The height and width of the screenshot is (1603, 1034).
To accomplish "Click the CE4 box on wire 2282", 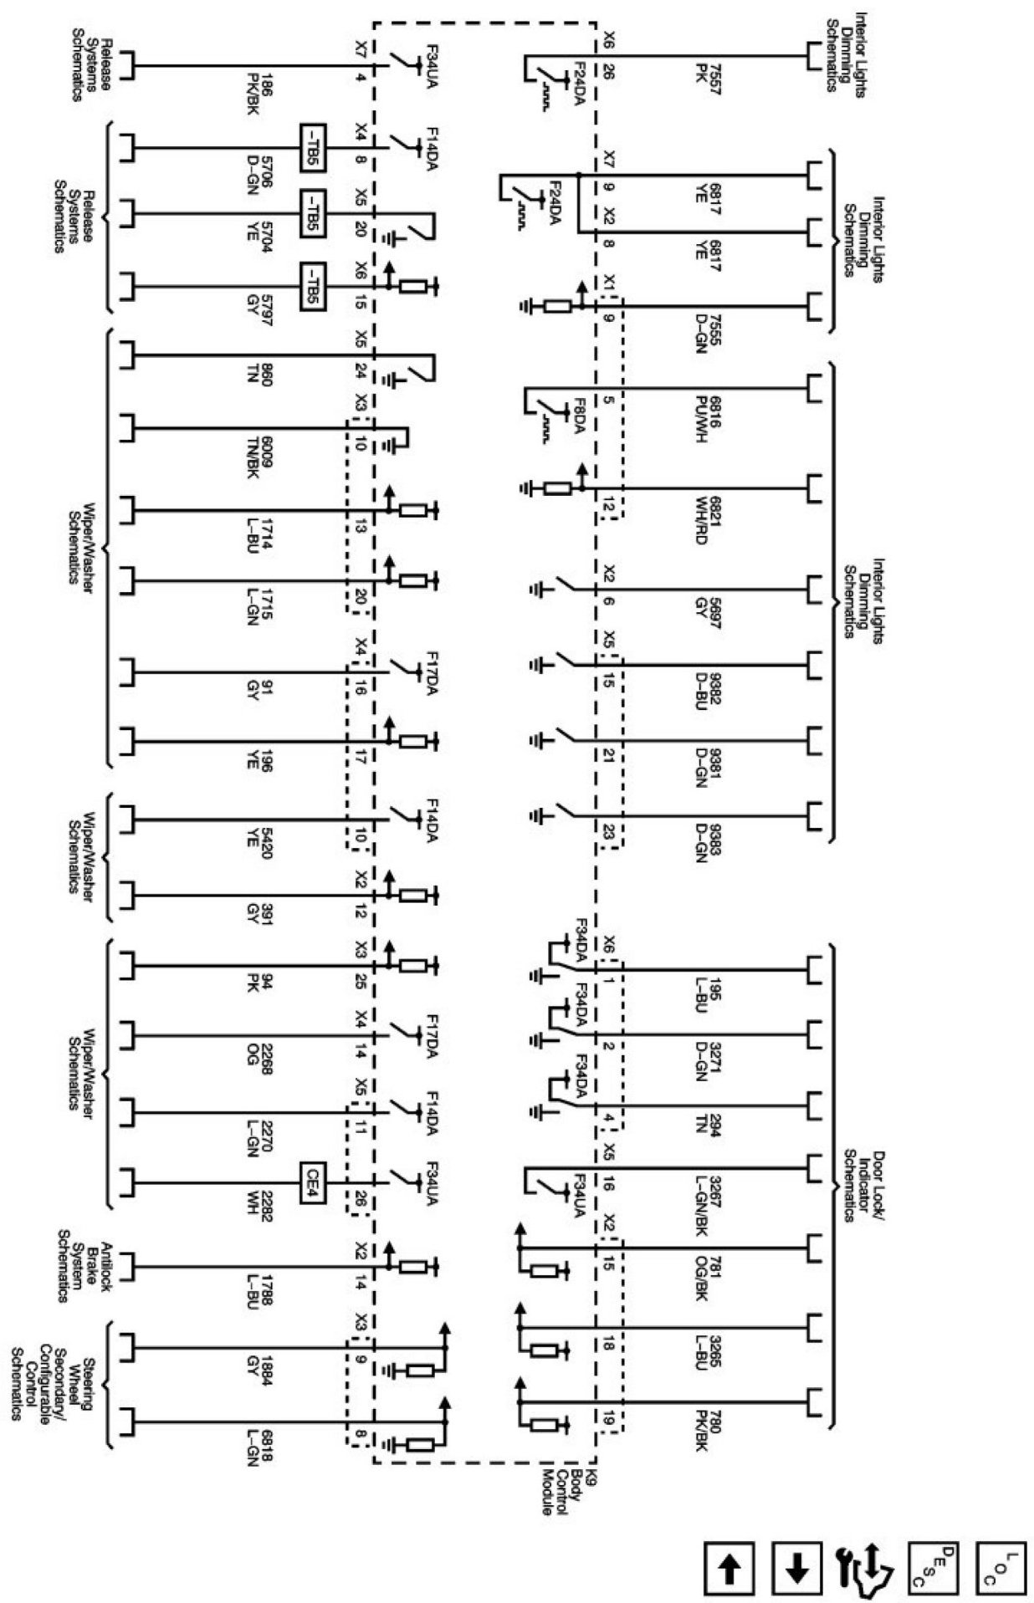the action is (x=312, y=1183).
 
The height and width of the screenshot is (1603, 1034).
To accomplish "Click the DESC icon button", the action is (x=934, y=1569).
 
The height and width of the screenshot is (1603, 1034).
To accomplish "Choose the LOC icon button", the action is (x=1001, y=1569).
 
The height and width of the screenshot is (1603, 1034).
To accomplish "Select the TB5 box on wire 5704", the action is (x=311, y=214).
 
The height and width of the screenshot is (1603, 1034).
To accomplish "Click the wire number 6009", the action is (x=266, y=453).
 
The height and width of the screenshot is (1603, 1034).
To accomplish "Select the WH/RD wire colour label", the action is (x=701, y=520).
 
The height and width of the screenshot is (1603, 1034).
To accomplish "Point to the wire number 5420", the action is (x=266, y=838).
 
